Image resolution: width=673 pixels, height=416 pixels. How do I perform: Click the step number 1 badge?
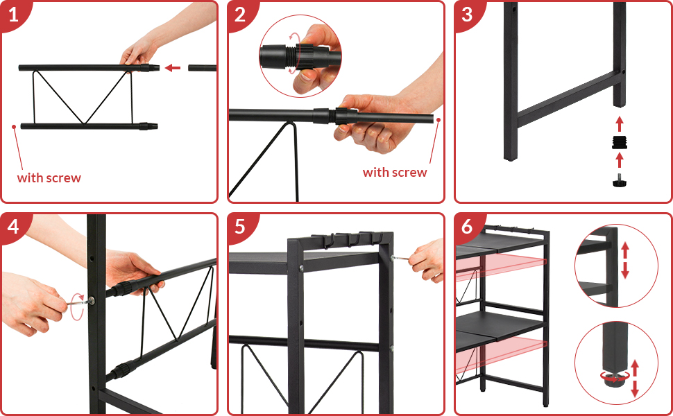13,15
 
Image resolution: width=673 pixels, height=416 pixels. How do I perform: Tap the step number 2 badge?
240,15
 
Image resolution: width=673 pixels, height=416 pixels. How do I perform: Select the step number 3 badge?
467,15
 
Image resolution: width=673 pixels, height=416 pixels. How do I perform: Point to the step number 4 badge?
13,226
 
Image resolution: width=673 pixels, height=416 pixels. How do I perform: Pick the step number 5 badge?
240,226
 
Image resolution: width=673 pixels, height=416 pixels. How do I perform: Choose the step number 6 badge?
467,226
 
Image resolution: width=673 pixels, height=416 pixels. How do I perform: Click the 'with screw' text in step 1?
49,178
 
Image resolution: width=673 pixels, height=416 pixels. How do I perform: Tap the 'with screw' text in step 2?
395,173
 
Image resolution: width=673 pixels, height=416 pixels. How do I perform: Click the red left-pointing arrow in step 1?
173,68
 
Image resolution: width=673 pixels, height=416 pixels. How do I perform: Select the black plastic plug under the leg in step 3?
620,142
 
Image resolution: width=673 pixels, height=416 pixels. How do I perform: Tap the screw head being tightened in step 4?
92,300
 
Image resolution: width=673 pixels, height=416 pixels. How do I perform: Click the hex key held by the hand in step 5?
401,258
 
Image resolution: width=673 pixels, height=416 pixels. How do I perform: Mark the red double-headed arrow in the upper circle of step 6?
625,260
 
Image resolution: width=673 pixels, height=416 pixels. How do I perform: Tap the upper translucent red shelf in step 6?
501,266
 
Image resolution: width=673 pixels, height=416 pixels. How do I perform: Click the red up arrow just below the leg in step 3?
620,123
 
